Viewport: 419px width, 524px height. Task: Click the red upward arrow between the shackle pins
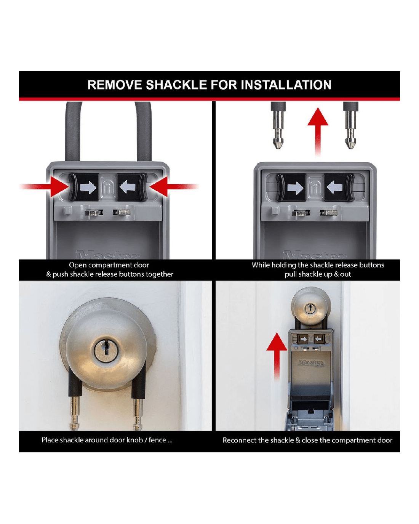click(318, 131)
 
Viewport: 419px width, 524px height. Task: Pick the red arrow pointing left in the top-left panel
click(174, 187)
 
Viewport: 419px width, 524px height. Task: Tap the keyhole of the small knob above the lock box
click(310, 309)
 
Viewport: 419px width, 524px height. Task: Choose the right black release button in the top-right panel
click(339, 187)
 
